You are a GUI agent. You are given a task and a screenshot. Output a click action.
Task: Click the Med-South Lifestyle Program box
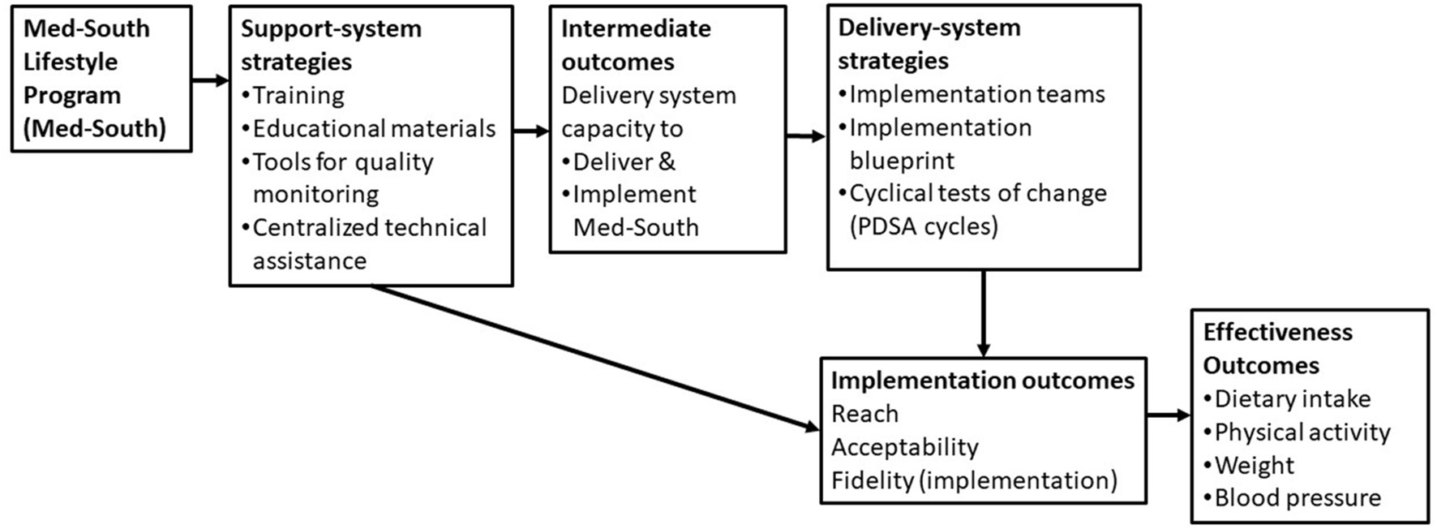(x=101, y=79)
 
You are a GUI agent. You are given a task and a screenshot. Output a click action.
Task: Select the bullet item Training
(x=298, y=96)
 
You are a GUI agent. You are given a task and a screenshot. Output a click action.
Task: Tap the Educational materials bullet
(x=373, y=129)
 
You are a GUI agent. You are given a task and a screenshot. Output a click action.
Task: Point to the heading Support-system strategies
(x=330, y=45)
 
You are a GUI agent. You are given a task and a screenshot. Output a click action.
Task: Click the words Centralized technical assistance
(x=369, y=243)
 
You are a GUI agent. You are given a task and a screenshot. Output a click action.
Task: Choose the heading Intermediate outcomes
(x=635, y=45)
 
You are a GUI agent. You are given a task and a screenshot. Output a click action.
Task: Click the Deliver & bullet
(x=623, y=161)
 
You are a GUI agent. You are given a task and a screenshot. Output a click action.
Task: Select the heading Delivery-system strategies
(x=929, y=44)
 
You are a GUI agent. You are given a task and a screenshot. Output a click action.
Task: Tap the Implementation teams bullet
(x=976, y=95)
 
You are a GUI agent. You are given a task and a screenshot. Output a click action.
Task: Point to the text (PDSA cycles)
(x=924, y=226)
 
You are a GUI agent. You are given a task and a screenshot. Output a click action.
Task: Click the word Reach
(x=864, y=414)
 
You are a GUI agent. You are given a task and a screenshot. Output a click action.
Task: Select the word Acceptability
(x=904, y=447)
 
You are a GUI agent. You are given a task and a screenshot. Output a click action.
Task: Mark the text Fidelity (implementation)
(x=974, y=480)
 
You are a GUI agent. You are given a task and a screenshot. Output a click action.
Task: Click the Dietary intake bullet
(x=1292, y=399)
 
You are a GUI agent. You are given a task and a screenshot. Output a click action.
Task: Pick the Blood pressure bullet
(x=1297, y=497)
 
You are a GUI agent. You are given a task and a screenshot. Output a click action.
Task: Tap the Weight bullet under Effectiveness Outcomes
(x=1254, y=465)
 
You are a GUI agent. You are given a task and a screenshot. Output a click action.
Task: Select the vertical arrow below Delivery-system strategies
(x=983, y=313)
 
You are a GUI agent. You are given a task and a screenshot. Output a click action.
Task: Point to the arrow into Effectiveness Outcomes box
(x=1168, y=415)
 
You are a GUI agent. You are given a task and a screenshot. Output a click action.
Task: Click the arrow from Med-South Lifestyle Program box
(x=210, y=80)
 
